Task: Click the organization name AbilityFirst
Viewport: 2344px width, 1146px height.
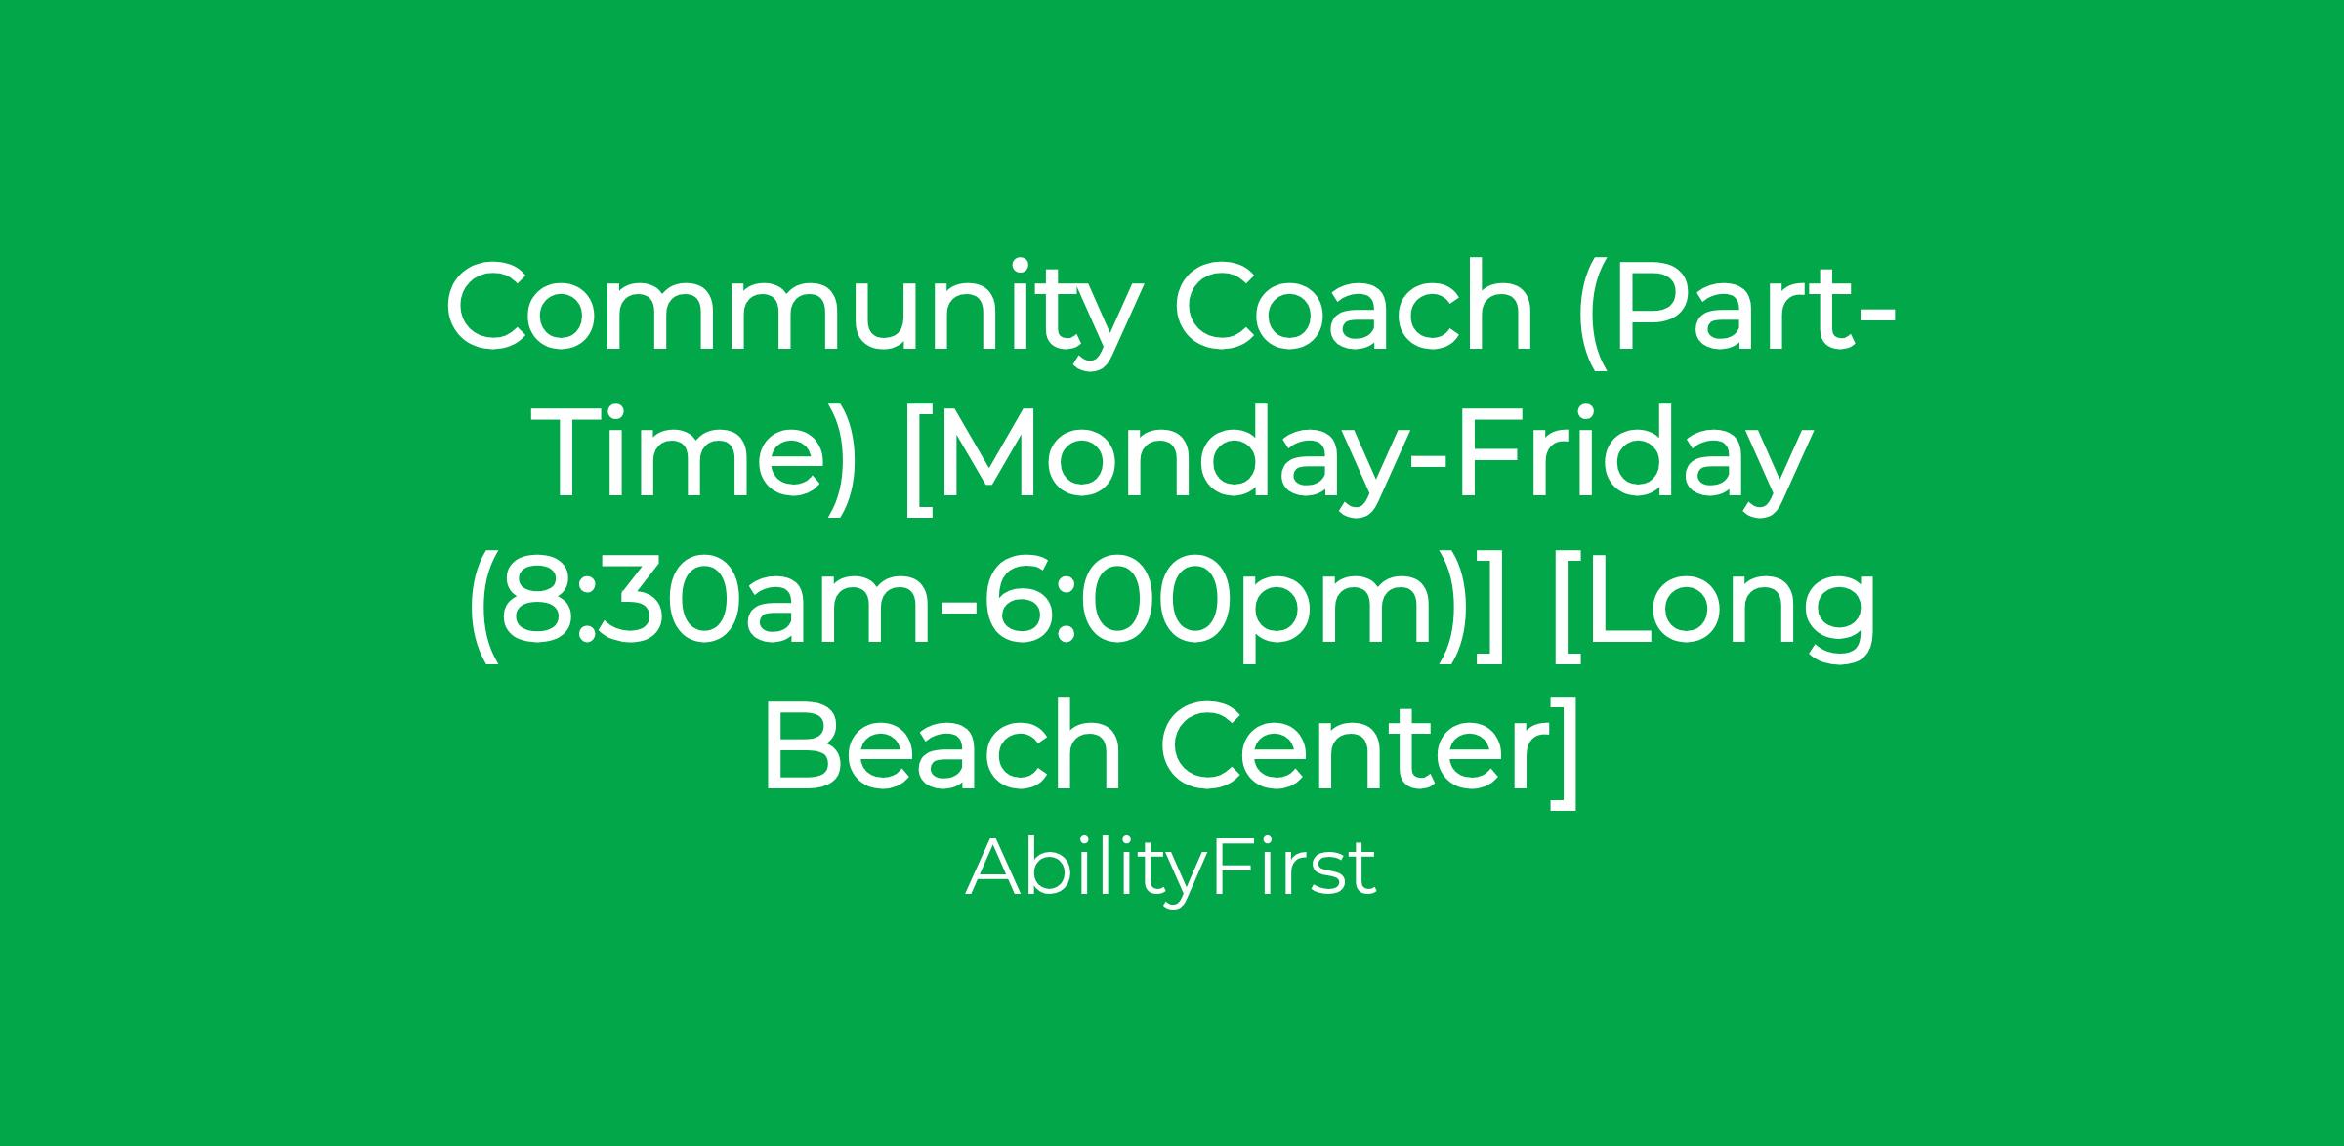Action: pyautogui.click(x=1171, y=869)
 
